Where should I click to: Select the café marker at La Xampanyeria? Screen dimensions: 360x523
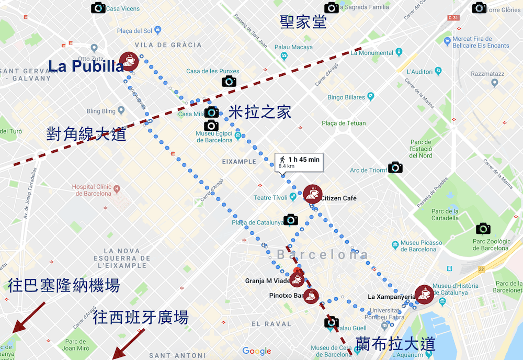pos(424,295)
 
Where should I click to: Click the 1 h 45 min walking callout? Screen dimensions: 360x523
pos(299,162)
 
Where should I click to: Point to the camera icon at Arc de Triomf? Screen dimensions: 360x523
pos(395,167)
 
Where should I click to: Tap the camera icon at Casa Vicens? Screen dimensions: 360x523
pos(98,8)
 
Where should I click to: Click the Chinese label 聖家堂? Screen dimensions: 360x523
pos(303,22)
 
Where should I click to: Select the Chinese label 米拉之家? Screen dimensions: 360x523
pos(260,112)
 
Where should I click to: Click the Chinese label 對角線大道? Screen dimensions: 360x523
pos(86,134)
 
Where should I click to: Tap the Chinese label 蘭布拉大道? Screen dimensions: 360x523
pos(395,344)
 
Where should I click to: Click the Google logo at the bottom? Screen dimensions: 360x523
pos(257,351)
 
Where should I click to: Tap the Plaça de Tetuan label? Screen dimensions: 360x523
pos(344,123)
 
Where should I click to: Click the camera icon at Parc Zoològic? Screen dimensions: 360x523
pos(483,228)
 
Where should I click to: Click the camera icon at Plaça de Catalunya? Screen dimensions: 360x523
pos(291,220)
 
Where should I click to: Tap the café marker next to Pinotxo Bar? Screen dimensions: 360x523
pos(312,296)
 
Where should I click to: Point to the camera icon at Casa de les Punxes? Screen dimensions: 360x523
pos(229,81)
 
